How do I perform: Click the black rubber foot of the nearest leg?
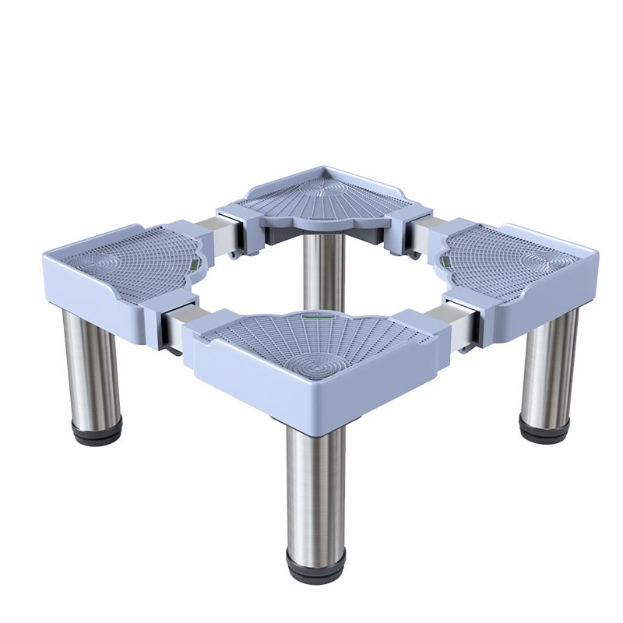click(x=315, y=568)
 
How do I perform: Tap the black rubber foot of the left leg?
click(x=97, y=431)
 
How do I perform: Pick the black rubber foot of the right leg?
click(x=544, y=428)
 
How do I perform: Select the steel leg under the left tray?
click(x=91, y=366)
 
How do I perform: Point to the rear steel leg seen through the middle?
click(x=324, y=269)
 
